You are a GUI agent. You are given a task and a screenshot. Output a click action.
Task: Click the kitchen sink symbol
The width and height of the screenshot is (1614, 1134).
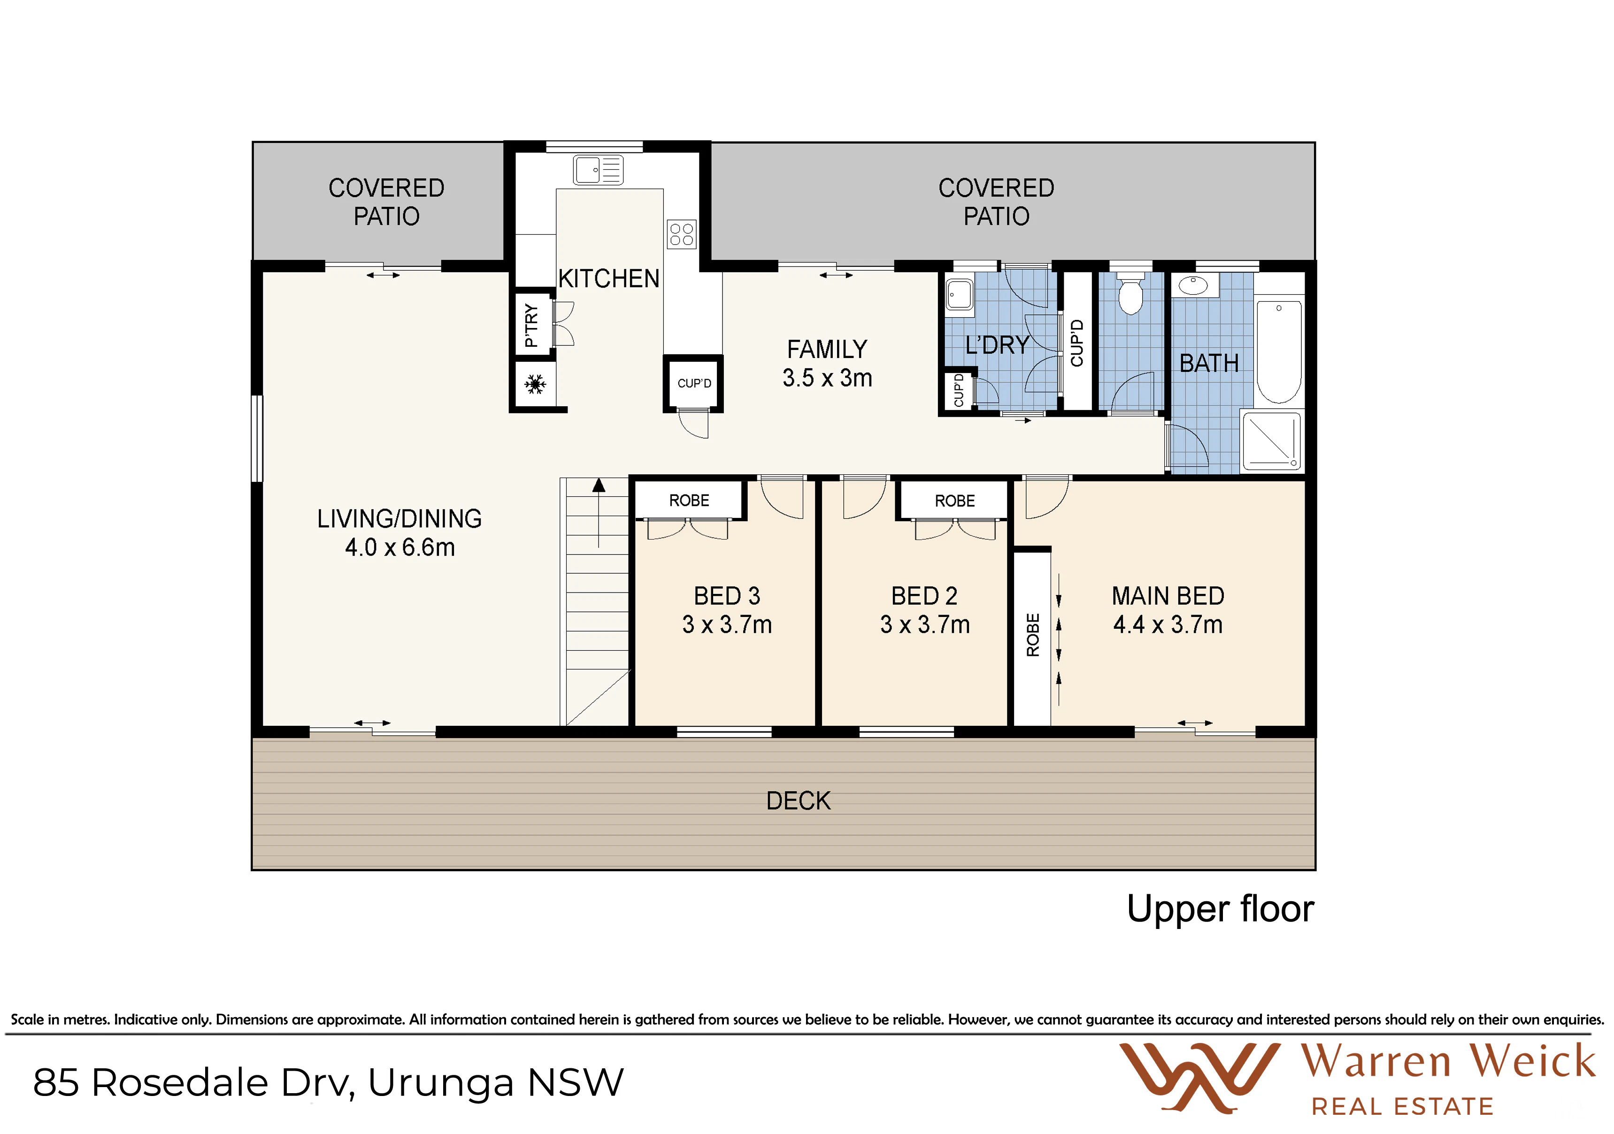click(598, 169)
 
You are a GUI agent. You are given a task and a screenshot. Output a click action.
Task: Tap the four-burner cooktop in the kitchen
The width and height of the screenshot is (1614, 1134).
click(682, 234)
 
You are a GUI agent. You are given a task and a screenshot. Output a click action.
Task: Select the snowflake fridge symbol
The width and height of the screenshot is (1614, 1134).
click(536, 384)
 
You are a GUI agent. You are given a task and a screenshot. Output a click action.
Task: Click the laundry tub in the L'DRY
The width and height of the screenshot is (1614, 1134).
click(960, 294)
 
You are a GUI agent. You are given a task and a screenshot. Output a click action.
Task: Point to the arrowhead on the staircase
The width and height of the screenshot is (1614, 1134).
click(599, 485)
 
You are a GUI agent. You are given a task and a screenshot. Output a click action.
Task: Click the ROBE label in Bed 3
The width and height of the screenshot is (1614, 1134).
click(689, 500)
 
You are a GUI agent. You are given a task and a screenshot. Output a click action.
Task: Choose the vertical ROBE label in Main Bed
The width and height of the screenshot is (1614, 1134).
click(1033, 634)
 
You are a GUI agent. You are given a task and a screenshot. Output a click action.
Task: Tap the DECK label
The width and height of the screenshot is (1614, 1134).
click(799, 801)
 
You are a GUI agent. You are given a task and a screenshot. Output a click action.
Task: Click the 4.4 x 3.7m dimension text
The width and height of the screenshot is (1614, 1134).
click(1168, 624)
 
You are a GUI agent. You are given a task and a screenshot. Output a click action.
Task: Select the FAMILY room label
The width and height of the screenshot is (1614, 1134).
click(827, 349)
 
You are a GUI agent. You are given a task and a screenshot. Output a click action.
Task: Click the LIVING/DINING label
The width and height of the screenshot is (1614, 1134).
click(400, 518)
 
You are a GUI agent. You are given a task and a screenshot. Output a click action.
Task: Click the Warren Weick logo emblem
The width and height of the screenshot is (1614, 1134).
click(1199, 1078)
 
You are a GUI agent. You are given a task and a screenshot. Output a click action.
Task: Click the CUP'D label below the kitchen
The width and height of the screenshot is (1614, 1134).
click(694, 383)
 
